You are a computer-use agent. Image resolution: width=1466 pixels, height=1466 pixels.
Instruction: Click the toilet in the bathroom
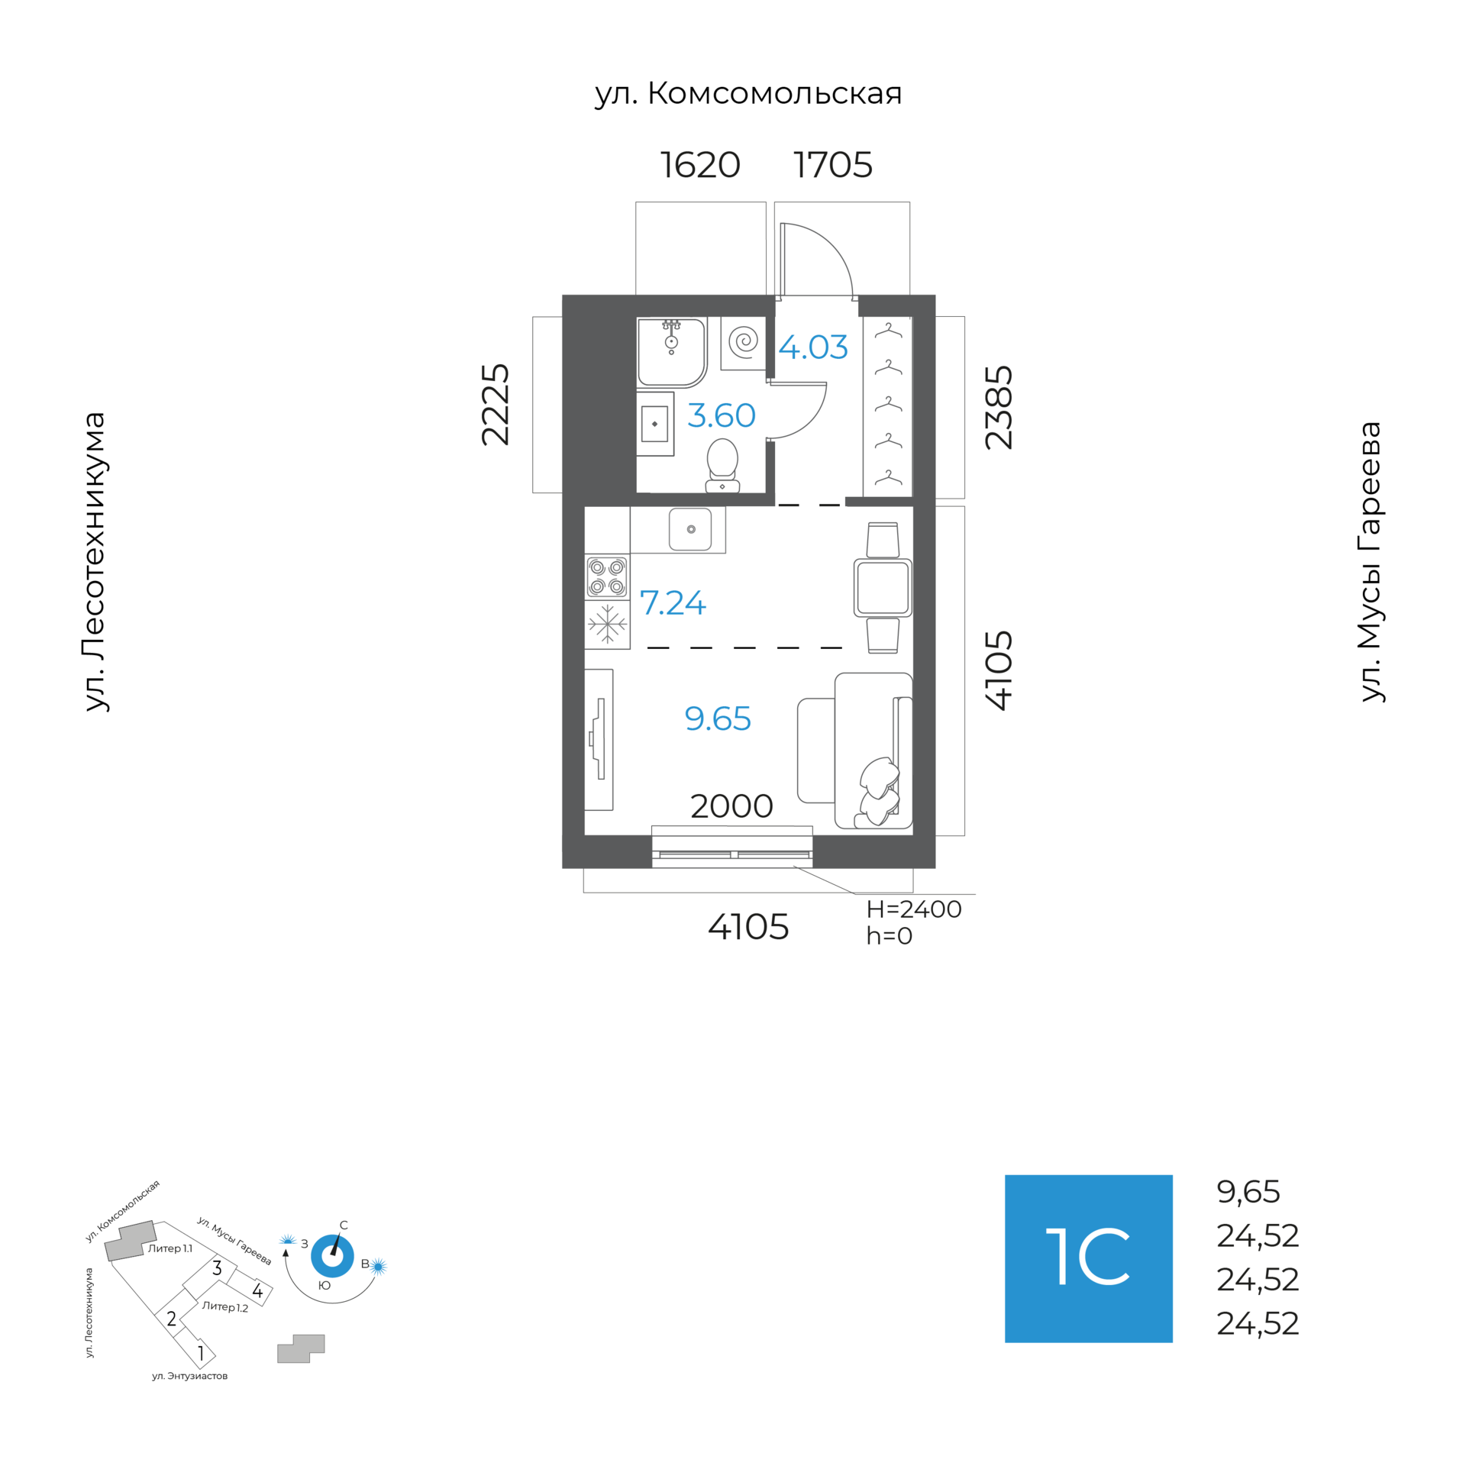[x=722, y=465]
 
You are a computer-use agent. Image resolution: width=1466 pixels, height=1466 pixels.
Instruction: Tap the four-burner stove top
[x=607, y=577]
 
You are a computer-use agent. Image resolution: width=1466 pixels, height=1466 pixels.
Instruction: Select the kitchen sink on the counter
[x=690, y=529]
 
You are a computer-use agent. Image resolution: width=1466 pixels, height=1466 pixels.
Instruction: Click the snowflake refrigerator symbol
[x=607, y=624]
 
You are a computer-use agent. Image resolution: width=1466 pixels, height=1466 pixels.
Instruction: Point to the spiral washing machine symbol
[x=743, y=341]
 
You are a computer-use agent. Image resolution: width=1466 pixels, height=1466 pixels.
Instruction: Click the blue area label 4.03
[x=813, y=347]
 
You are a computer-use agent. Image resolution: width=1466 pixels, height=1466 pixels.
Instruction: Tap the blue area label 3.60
[x=722, y=415]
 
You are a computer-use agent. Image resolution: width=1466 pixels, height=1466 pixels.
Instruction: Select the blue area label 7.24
[x=673, y=602]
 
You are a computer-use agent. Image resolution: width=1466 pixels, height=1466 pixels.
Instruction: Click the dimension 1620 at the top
[x=700, y=165]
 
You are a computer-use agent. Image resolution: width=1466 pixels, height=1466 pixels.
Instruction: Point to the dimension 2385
[x=999, y=408]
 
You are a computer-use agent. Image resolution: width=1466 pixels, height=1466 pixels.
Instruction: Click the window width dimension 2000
[x=731, y=806]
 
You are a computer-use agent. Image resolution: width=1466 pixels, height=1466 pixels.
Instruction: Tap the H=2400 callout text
[x=914, y=909]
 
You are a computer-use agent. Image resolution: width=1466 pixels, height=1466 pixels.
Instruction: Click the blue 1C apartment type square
[x=1088, y=1258]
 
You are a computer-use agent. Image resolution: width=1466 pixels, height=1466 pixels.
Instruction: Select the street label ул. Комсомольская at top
[x=748, y=93]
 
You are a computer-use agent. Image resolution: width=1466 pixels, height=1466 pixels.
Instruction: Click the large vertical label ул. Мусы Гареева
[x=1371, y=561]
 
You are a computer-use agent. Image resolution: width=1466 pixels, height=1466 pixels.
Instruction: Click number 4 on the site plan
[x=257, y=1290]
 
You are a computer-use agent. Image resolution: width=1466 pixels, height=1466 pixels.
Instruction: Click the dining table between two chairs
[x=883, y=587]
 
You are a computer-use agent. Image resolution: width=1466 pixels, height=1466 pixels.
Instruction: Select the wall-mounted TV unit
[x=599, y=739]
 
